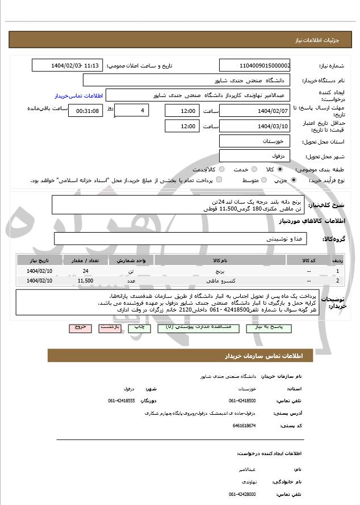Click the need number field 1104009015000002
pos(255,66)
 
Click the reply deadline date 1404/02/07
pos(255,110)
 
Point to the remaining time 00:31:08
pos(86,111)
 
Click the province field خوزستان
pos(255,141)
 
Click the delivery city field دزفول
pos(255,155)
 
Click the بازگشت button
pos(109,328)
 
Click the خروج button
pos(80,328)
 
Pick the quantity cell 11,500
pos(85,280)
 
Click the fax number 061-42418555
pos(122,401)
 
